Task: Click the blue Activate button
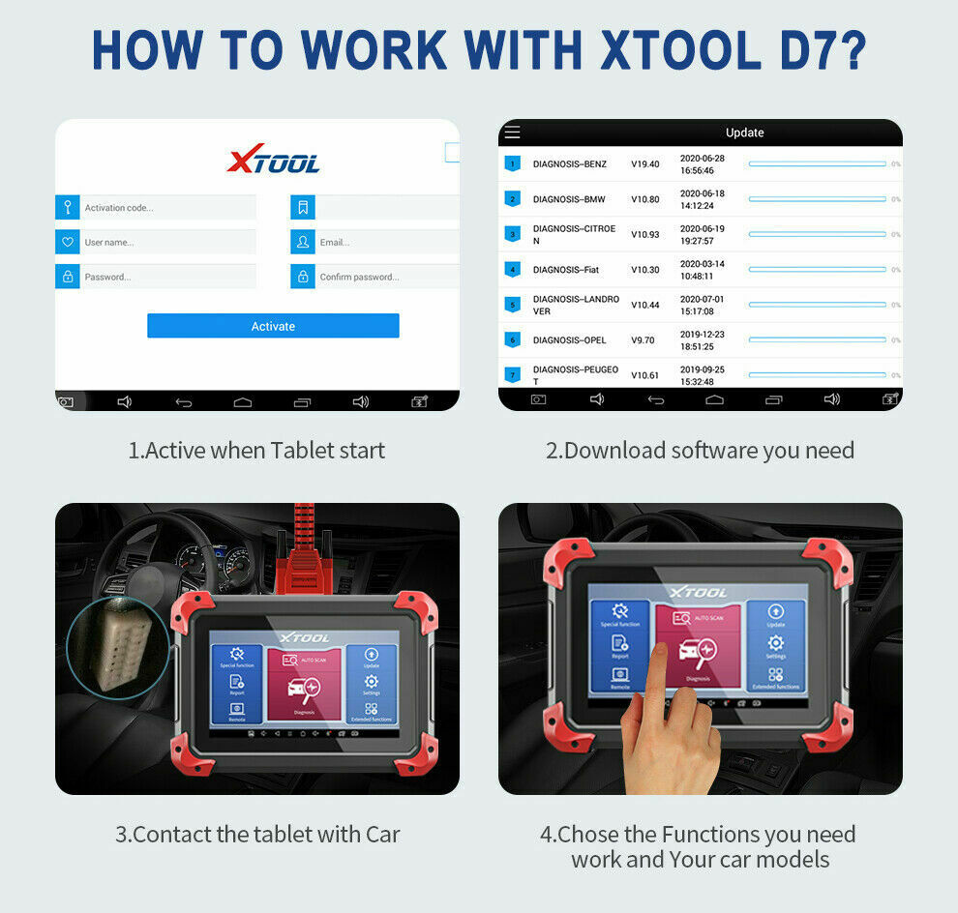click(273, 326)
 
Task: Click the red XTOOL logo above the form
click(273, 161)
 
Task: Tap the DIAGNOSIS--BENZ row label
click(570, 164)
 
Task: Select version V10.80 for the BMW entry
click(645, 199)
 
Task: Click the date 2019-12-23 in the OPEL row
click(703, 335)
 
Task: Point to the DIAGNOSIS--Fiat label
click(566, 270)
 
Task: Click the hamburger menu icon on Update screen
click(513, 133)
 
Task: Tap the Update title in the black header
click(744, 133)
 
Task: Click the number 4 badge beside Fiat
click(513, 270)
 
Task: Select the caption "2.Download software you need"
click(700, 450)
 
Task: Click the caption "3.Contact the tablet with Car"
click(257, 834)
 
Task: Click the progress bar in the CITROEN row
click(817, 234)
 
